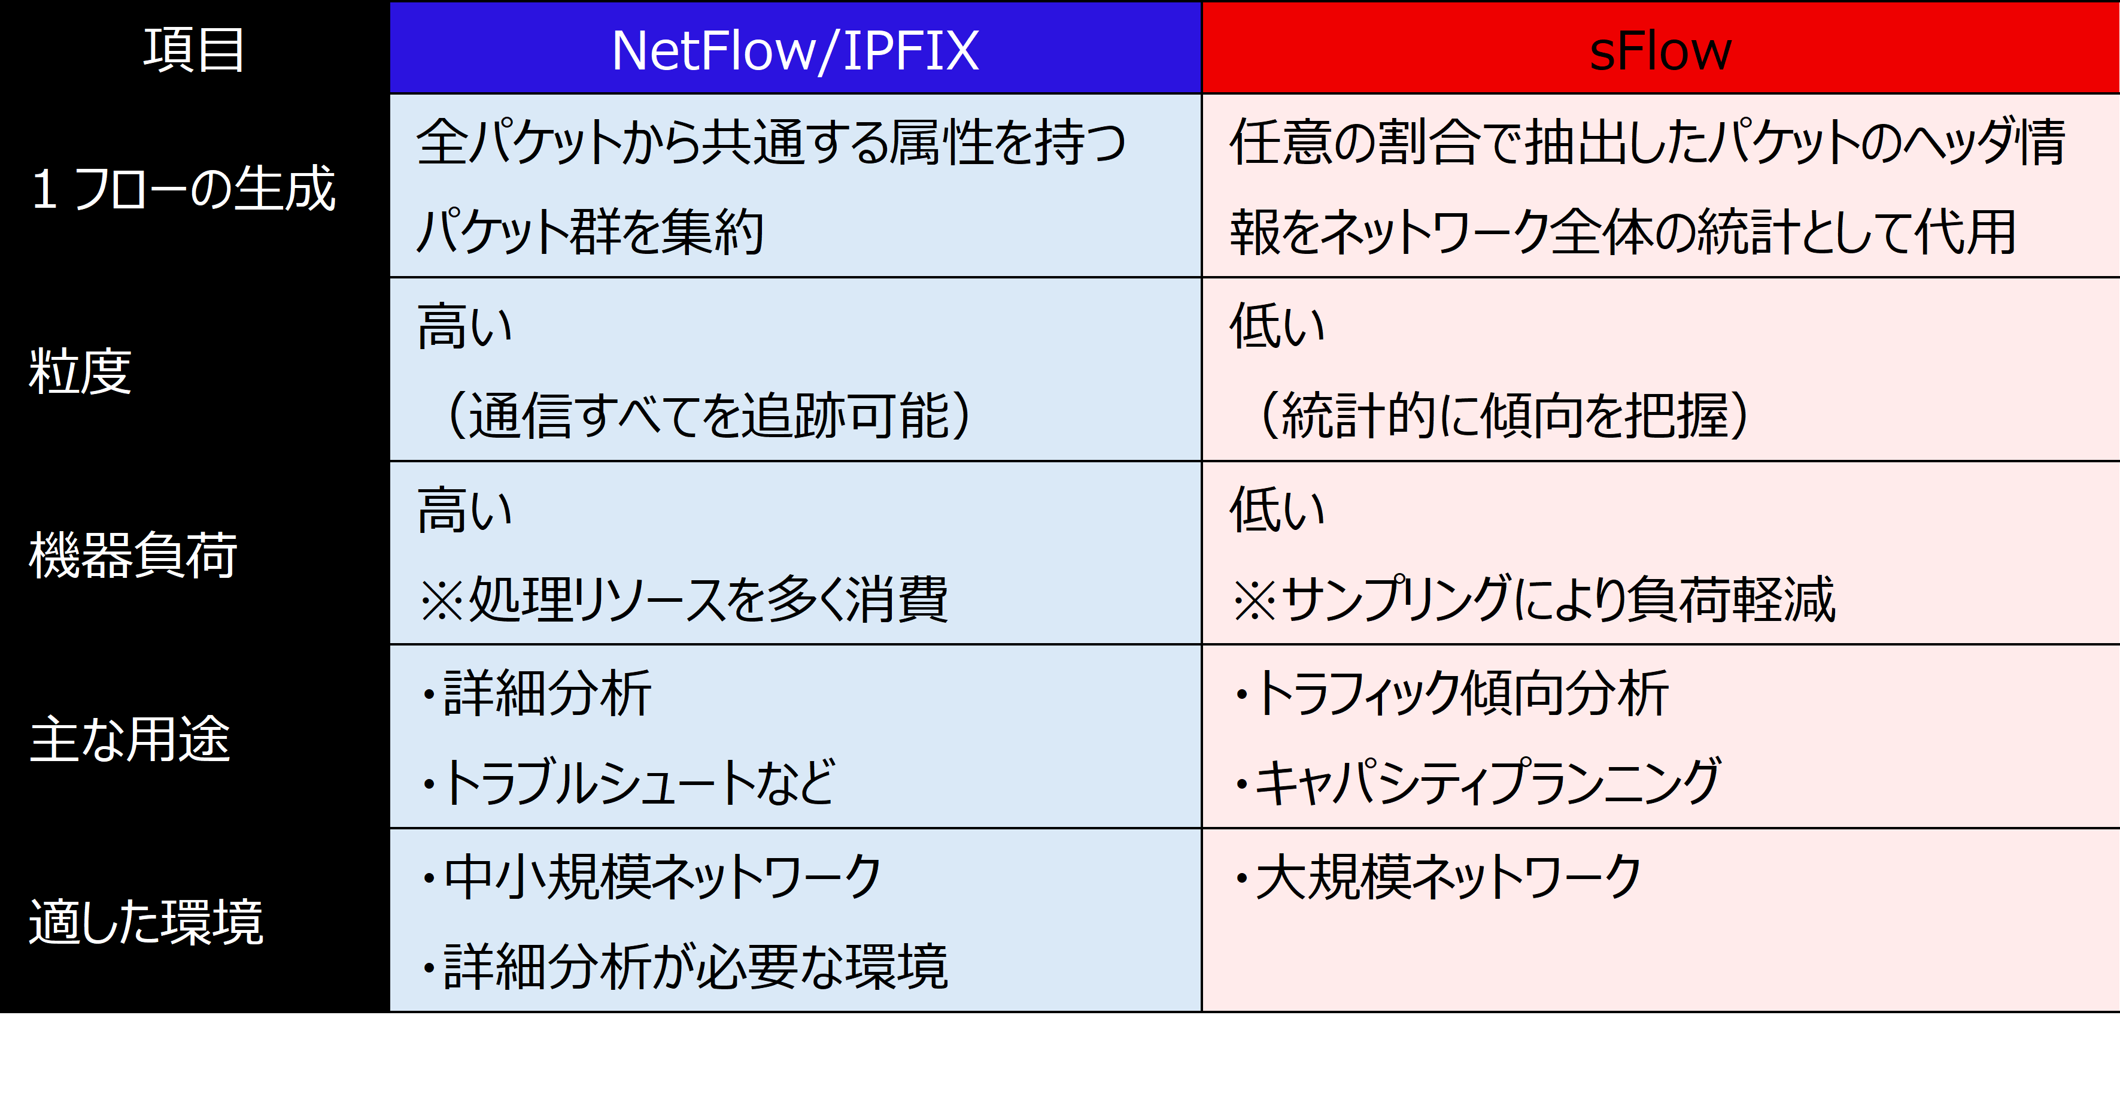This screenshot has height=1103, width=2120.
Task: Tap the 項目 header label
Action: point(194,49)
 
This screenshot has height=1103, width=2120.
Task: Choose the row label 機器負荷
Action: point(133,554)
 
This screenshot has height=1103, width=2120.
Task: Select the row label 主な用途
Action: point(130,738)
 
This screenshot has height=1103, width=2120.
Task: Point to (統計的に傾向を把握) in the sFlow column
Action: point(1503,415)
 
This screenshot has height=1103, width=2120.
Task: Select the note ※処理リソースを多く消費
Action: point(683,599)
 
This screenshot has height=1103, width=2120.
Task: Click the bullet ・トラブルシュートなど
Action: point(628,782)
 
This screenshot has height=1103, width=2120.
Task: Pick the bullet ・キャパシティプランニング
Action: point(1477,782)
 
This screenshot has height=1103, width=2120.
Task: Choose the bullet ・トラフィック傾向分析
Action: point(1450,693)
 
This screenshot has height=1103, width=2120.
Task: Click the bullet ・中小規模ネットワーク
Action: point(650,877)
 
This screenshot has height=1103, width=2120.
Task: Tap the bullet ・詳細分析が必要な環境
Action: point(683,966)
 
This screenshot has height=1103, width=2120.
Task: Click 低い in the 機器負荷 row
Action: point(1277,510)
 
